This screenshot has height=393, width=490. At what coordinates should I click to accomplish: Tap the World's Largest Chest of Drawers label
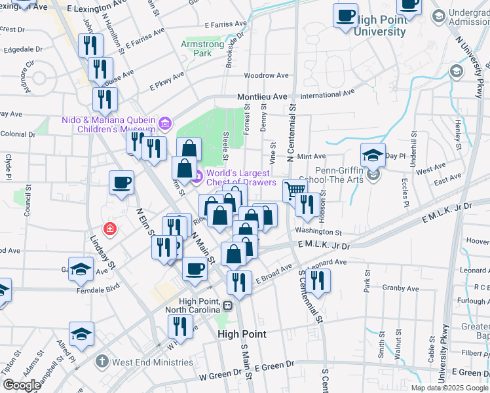[x=241, y=178]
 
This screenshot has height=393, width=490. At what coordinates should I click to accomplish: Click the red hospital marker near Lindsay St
[x=110, y=229]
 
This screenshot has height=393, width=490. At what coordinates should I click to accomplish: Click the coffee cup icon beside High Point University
[x=345, y=15]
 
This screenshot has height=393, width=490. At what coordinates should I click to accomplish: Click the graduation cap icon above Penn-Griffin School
[x=373, y=155]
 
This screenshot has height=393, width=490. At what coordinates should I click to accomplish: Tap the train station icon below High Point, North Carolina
[x=227, y=305]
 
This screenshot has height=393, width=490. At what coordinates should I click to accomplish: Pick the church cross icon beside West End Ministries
[x=102, y=361]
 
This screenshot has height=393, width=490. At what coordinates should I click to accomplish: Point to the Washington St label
[x=318, y=232]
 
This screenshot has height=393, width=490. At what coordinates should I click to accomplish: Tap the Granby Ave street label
[x=400, y=288]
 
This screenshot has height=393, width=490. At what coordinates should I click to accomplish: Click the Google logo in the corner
[x=22, y=384]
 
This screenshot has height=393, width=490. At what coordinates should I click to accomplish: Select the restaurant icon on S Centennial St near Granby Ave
[x=318, y=280]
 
